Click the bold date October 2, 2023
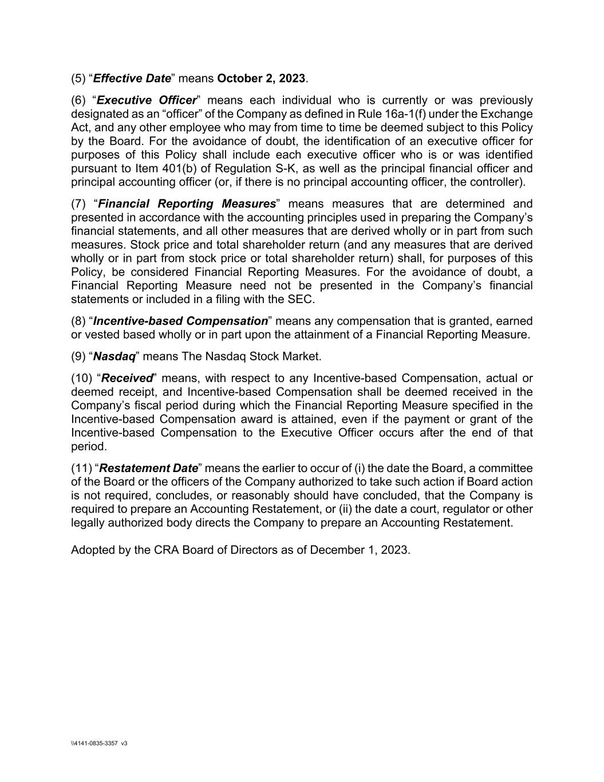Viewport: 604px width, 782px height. pos(262,78)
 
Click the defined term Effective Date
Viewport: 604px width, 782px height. pos(132,78)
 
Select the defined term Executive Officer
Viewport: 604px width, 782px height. pos(147,100)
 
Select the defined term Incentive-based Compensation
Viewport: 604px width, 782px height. pos(180,321)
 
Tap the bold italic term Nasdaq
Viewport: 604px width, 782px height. pos(115,356)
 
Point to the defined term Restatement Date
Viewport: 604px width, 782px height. pos(148,468)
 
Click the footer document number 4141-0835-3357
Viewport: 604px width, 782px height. pos(96,743)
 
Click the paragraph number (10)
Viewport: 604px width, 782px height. pos(81,378)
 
